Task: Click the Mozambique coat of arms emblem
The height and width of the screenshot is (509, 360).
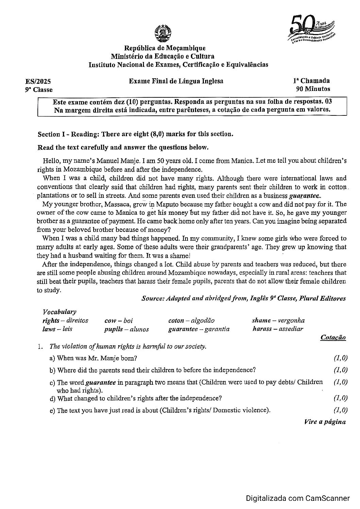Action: tap(162, 33)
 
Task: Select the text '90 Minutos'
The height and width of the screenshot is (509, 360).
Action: tap(313, 89)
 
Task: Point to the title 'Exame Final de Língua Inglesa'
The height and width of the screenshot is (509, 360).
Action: tap(176, 81)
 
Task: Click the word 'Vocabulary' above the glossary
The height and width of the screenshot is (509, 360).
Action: tap(59, 312)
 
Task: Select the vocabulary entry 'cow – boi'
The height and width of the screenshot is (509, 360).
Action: tap(118, 320)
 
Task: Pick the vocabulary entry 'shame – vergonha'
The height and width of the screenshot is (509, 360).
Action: tap(278, 320)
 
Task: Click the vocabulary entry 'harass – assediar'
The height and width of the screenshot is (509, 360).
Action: tap(278, 329)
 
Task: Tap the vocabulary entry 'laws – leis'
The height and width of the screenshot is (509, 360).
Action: tap(58, 329)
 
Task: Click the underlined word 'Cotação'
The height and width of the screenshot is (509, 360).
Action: tap(333, 337)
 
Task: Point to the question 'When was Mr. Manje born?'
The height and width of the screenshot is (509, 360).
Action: tap(97, 358)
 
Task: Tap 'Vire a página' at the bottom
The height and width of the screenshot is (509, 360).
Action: tap(325, 422)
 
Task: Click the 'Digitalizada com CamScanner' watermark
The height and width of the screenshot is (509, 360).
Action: tap(297, 498)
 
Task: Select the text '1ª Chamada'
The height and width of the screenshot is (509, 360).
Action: tap(311, 81)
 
